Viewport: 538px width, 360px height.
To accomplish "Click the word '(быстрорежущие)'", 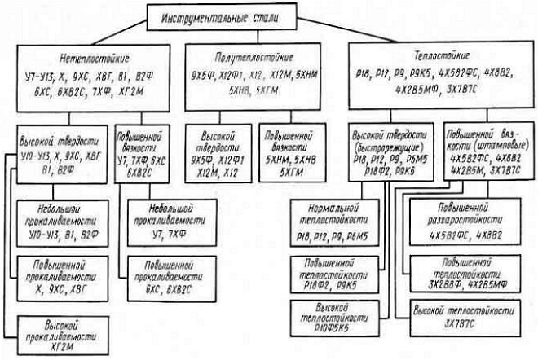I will (x=394, y=151).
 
